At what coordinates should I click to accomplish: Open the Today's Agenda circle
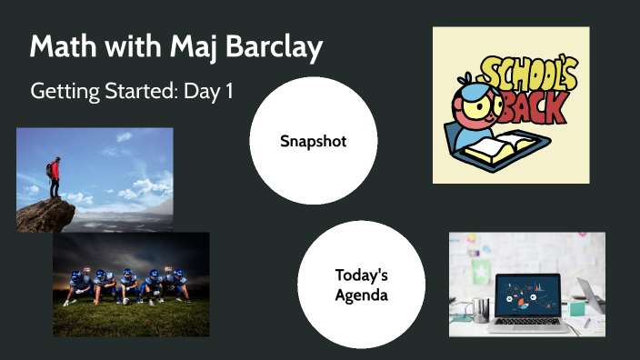(362, 285)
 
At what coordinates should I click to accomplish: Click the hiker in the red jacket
(55, 174)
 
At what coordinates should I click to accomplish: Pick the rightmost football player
(178, 285)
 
